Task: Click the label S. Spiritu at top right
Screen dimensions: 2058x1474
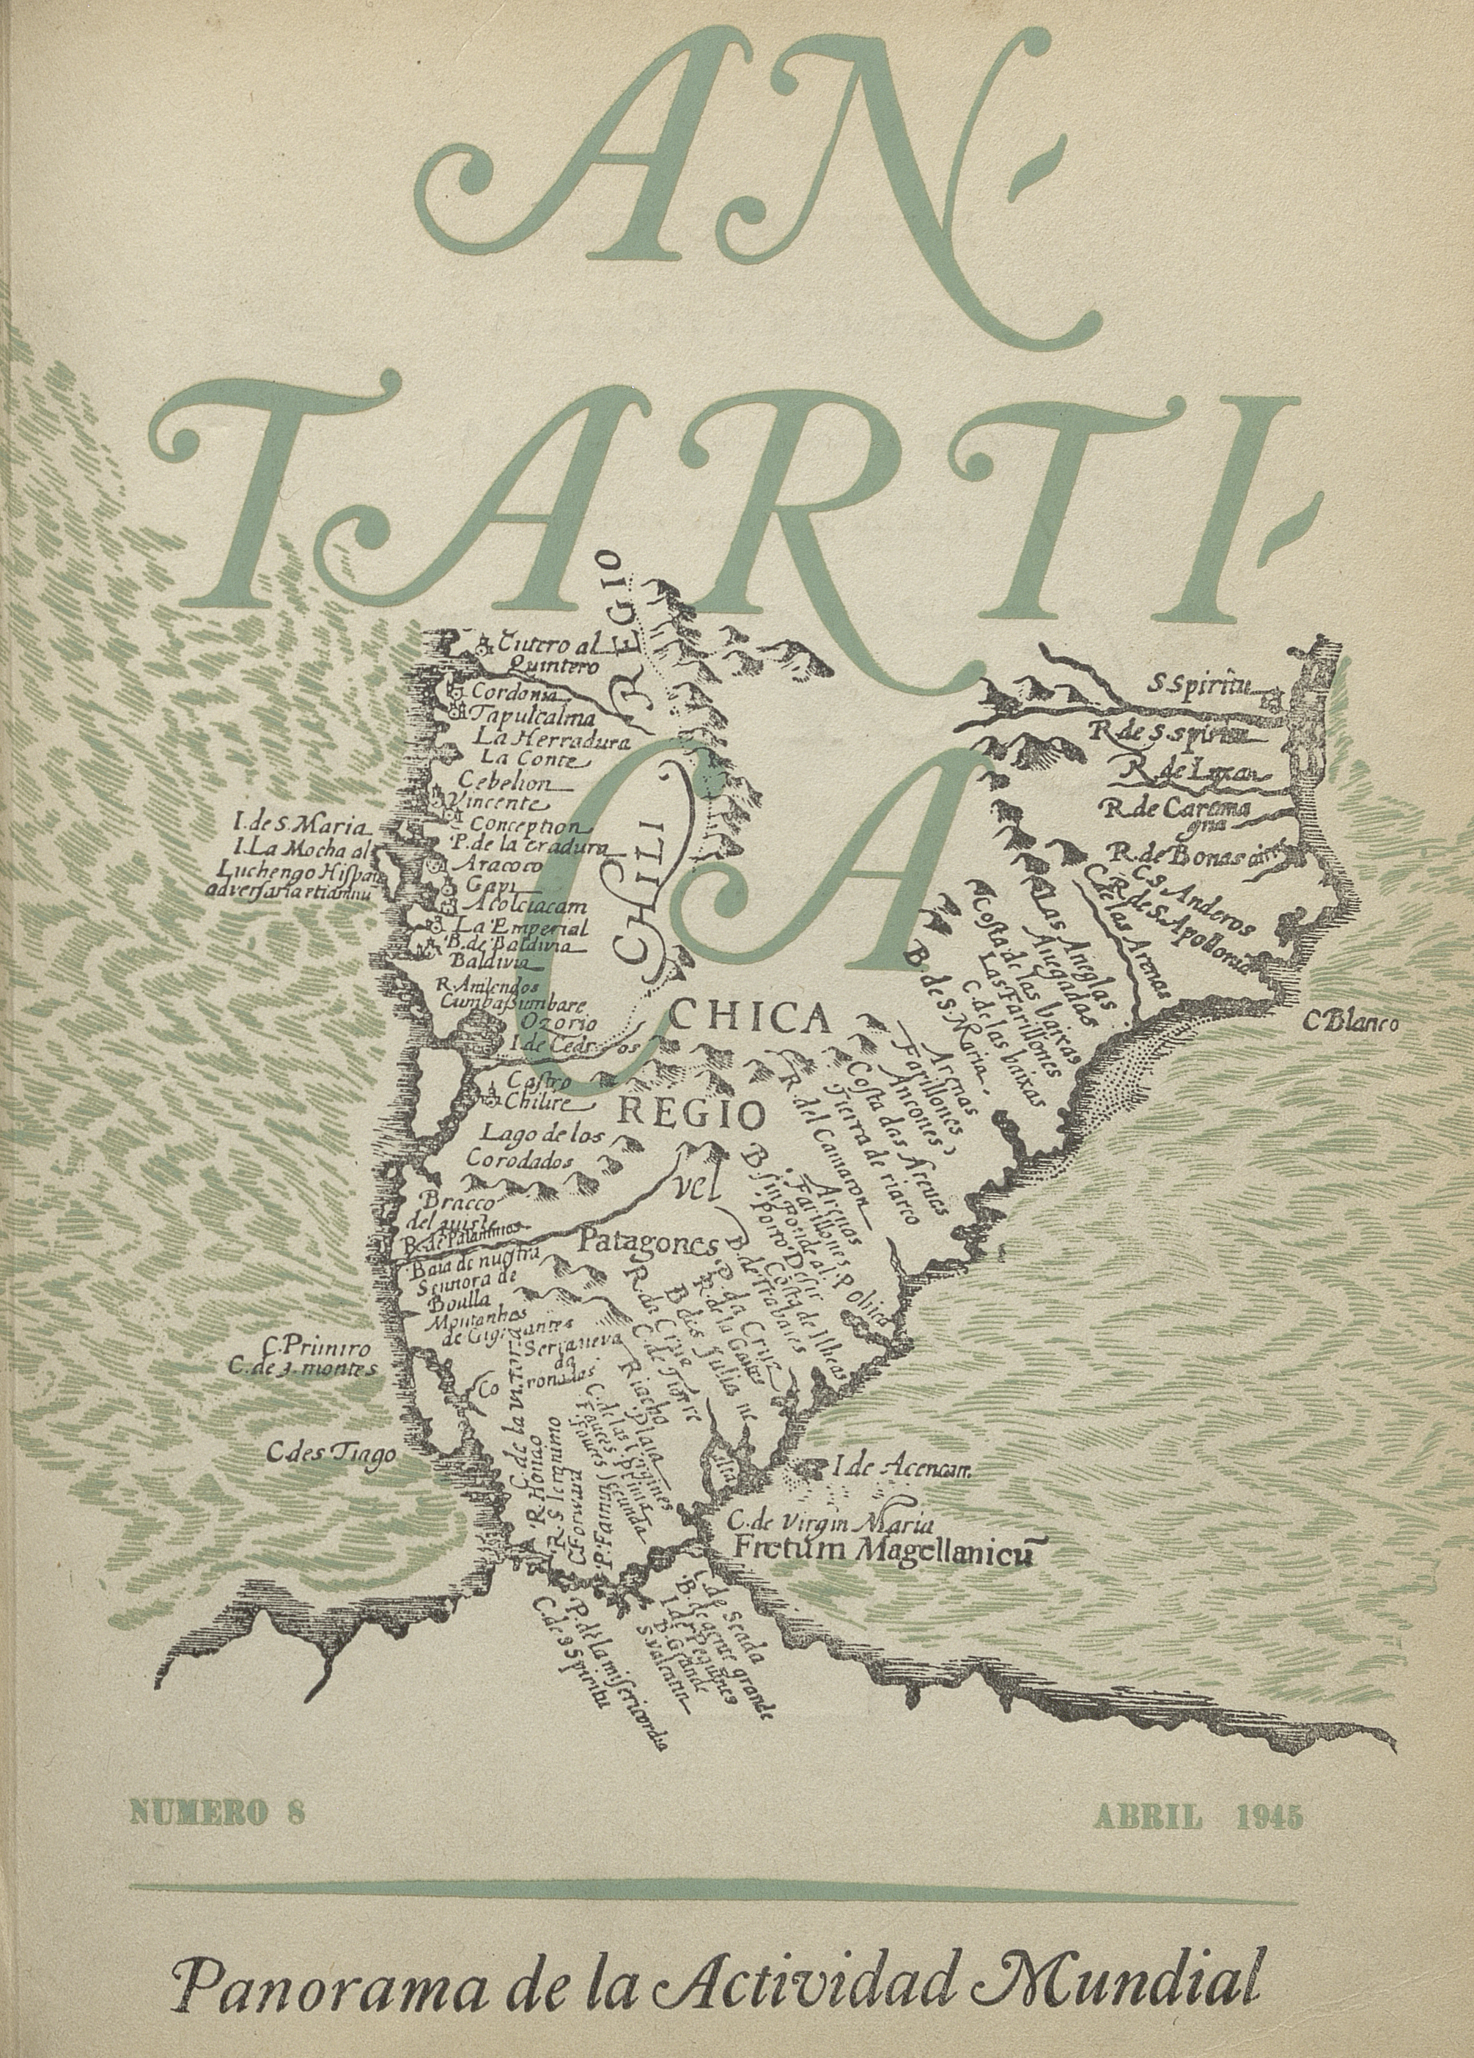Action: click(1198, 684)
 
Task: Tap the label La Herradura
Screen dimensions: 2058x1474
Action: click(553, 738)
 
